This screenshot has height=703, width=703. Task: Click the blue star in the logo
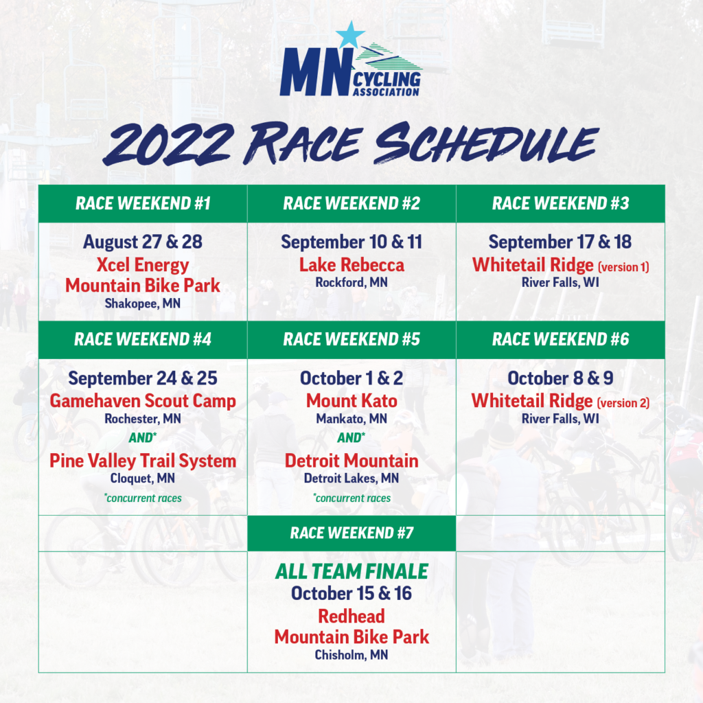pos(350,35)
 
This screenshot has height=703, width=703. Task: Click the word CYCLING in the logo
pos(387,80)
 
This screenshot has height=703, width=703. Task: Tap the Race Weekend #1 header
pos(143,203)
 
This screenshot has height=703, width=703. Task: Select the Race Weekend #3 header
pos(560,203)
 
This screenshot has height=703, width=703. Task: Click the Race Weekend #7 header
pos(351,533)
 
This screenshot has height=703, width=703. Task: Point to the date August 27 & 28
pos(143,242)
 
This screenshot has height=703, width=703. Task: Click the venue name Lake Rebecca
pos(351,265)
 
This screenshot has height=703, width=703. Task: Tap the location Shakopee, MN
pos(143,303)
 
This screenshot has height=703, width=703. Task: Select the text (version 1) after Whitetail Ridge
pos(623,267)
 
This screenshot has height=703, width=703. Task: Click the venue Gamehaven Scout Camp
pos(143,401)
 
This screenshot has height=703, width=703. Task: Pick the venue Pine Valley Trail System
pos(143,461)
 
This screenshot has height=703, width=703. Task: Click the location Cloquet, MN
pos(143,479)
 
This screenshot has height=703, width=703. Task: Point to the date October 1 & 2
pos(351,378)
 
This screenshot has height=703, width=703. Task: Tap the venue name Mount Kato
pos(351,401)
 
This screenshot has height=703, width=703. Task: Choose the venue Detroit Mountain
pos(351,461)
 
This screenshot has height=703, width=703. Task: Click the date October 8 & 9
pos(560,378)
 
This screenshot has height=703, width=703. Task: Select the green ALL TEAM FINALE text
pos(351,572)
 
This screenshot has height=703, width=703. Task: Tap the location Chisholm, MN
pos(351,655)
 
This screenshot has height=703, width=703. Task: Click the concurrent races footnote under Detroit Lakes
pos(351,498)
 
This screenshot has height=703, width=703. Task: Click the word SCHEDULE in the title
pos(487,143)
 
